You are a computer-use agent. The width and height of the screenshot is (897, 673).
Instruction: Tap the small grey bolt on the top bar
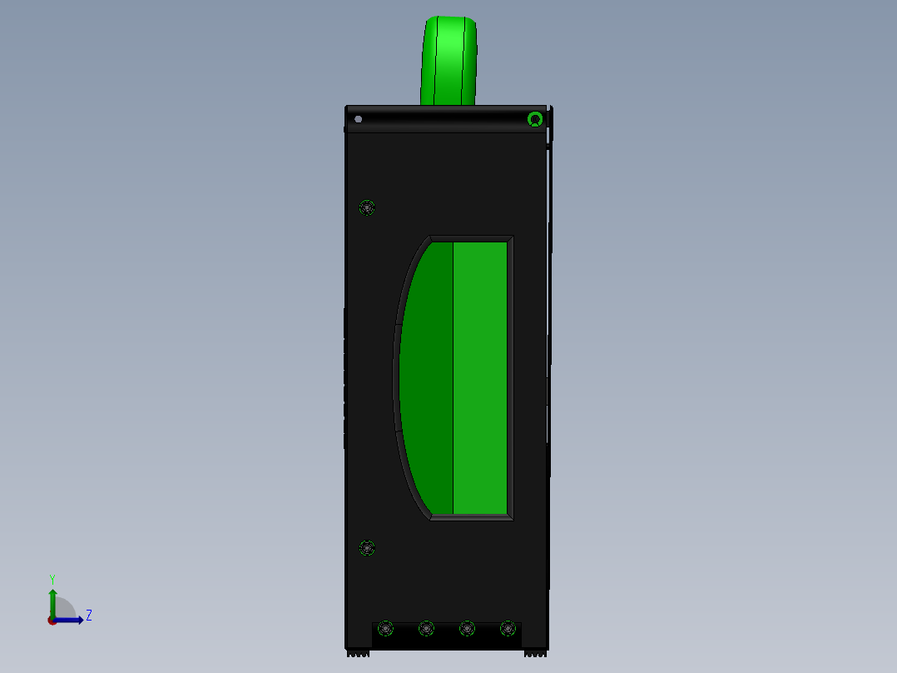(359, 119)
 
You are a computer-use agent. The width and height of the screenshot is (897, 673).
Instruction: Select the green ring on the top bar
(535, 120)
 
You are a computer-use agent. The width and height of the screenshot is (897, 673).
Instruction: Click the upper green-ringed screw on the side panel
(367, 207)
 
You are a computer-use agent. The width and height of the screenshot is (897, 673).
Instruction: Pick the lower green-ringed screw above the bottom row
(367, 548)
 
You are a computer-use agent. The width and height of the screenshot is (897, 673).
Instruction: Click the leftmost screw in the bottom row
(385, 628)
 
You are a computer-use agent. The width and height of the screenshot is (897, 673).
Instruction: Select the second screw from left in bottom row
(426, 628)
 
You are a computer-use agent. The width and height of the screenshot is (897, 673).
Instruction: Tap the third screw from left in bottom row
(467, 628)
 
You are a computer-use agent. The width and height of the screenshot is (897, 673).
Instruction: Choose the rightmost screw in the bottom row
(508, 628)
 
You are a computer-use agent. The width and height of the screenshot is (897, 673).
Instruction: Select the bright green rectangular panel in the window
(481, 379)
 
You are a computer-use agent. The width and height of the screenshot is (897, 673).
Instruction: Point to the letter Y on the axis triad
(52, 579)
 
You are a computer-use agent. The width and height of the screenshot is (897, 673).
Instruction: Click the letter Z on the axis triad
(88, 616)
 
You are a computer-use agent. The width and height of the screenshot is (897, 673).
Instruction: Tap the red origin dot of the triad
(52, 621)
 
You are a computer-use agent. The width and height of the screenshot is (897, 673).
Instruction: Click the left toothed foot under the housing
(358, 654)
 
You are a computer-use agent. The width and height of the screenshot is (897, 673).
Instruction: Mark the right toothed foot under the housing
(536, 654)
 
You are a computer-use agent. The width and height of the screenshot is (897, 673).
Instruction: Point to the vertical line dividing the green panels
(453, 379)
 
